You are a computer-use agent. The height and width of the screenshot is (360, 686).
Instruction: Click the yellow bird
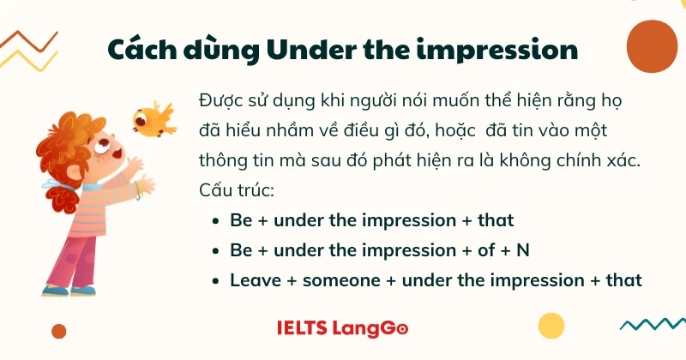(154, 119)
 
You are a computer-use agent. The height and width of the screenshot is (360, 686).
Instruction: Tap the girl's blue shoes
(69, 291)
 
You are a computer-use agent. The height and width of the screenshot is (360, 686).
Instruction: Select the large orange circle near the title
(652, 46)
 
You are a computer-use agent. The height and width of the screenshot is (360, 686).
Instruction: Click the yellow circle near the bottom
(551, 326)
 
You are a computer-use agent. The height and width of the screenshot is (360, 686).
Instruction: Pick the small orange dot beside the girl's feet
(58, 331)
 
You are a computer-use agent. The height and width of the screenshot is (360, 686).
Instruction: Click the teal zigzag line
(653, 324)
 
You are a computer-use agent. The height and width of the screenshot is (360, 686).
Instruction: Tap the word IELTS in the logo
(302, 328)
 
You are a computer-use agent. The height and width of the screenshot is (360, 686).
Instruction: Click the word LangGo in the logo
(370, 329)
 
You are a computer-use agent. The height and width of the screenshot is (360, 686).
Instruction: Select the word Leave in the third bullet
(256, 280)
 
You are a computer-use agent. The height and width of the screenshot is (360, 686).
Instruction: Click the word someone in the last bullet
(341, 280)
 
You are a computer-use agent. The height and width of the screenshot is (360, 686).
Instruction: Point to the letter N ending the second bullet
(523, 250)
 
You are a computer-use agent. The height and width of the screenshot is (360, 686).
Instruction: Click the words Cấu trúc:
(237, 190)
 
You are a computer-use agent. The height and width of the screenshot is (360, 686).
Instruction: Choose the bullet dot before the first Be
(215, 221)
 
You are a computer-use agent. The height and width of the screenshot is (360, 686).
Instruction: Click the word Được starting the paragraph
(220, 101)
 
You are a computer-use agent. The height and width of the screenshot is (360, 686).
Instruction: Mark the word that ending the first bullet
(496, 220)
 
